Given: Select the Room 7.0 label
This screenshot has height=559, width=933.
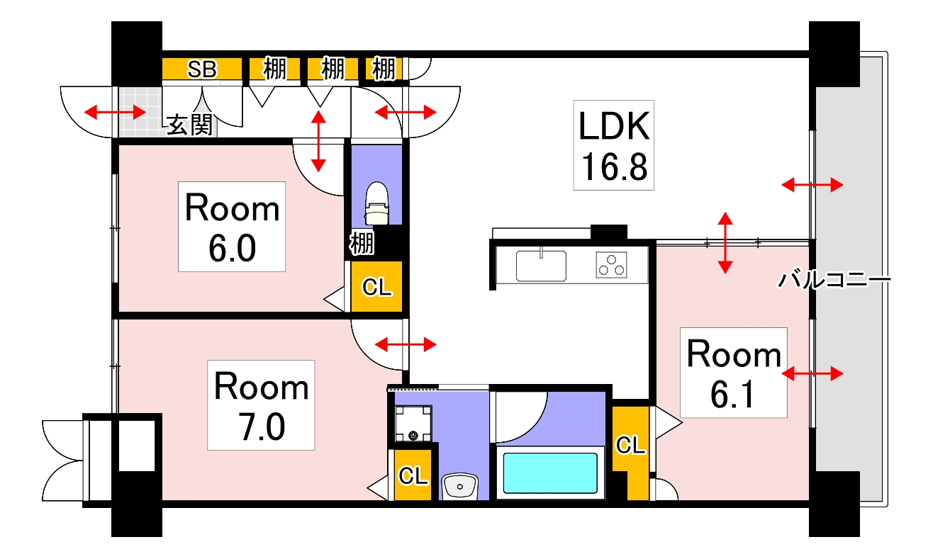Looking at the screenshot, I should [x=261, y=405].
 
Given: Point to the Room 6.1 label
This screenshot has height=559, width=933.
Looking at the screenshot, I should [x=734, y=373].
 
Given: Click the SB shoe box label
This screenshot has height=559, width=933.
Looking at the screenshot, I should [x=202, y=69].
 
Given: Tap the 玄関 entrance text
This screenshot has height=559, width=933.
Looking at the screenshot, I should [x=190, y=125].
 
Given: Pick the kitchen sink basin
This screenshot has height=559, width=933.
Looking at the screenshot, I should [x=540, y=266].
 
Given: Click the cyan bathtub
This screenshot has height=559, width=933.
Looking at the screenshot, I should [x=550, y=472].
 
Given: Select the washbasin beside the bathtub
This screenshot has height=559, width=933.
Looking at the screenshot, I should [x=460, y=486].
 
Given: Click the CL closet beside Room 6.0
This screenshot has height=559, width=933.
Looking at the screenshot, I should [x=376, y=287].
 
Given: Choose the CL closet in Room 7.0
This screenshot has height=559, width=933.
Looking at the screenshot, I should [x=413, y=475].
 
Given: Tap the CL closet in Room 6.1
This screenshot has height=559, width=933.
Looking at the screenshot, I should [x=630, y=445].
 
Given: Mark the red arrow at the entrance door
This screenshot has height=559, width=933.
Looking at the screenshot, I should [x=115, y=112].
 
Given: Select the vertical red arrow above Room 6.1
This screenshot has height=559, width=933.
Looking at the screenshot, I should [x=725, y=242].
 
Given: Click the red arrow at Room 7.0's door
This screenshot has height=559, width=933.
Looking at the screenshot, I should [x=405, y=345].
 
